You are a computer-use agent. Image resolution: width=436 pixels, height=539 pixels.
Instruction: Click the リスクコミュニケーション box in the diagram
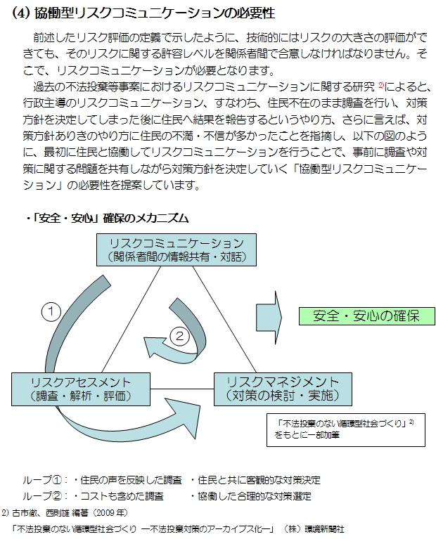[x=177, y=250]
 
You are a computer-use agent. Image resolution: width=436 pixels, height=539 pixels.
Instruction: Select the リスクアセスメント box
[x=81, y=389]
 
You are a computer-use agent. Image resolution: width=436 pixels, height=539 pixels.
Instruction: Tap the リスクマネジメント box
[x=283, y=389]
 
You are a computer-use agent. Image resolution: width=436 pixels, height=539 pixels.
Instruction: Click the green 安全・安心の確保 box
[x=367, y=316]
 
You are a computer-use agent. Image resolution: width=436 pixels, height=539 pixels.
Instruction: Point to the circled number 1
[x=51, y=311]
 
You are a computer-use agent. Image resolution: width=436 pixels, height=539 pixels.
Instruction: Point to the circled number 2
[x=179, y=336]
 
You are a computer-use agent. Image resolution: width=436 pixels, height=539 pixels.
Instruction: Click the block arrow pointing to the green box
[x=269, y=318]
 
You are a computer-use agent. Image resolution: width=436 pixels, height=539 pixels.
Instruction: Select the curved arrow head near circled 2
[x=153, y=347]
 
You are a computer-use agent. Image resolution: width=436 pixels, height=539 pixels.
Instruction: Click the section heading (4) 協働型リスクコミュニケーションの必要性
[x=143, y=13]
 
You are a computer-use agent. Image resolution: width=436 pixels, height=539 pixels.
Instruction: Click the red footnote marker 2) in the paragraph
[x=381, y=84]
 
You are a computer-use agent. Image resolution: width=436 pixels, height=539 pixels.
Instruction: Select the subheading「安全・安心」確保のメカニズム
[x=108, y=218]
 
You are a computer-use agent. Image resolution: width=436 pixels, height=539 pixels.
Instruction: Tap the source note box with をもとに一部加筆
[x=346, y=429]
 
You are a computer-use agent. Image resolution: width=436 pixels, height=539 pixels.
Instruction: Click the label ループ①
[x=43, y=479]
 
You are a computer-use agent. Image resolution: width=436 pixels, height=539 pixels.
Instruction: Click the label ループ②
[x=43, y=495]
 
